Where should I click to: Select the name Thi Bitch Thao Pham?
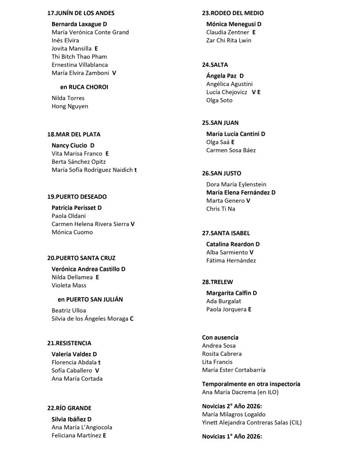(79, 56)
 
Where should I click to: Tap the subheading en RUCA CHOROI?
(84, 87)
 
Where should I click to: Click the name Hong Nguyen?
(70, 106)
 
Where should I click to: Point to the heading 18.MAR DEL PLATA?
(77, 134)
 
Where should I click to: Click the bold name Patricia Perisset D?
(77, 207)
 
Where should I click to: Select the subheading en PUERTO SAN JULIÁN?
(90, 299)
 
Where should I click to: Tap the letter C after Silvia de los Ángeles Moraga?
(132, 319)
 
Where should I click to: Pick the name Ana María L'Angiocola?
(82, 427)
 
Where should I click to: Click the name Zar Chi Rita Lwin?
(228, 41)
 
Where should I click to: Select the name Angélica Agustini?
(229, 84)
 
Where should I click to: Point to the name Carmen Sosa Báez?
(231, 150)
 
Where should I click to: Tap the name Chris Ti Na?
(220, 209)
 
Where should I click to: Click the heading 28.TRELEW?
(217, 282)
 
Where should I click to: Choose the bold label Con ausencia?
(220, 338)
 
